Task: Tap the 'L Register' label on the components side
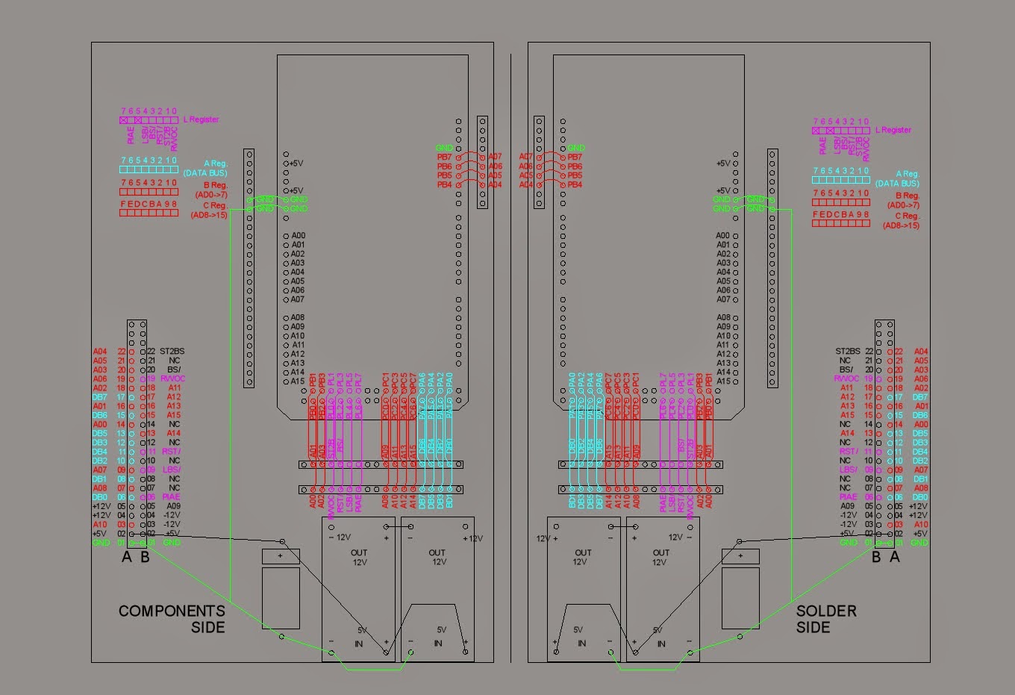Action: point(202,119)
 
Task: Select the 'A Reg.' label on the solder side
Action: point(908,174)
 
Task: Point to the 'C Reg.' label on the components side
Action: point(215,205)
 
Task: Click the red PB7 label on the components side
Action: point(444,158)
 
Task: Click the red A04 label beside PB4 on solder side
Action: point(526,184)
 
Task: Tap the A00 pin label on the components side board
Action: point(298,236)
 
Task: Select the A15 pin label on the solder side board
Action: point(723,381)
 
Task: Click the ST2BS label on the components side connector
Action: point(172,351)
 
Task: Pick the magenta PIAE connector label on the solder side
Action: point(848,496)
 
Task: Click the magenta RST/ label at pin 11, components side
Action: point(171,451)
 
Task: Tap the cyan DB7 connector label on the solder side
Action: point(920,397)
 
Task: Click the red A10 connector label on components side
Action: point(100,524)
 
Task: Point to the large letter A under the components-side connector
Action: point(127,557)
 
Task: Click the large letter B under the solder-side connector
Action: point(876,557)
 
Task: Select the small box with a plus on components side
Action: point(281,556)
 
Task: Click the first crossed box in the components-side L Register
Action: point(124,120)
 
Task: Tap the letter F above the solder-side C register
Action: point(816,214)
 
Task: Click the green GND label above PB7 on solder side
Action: point(576,148)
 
